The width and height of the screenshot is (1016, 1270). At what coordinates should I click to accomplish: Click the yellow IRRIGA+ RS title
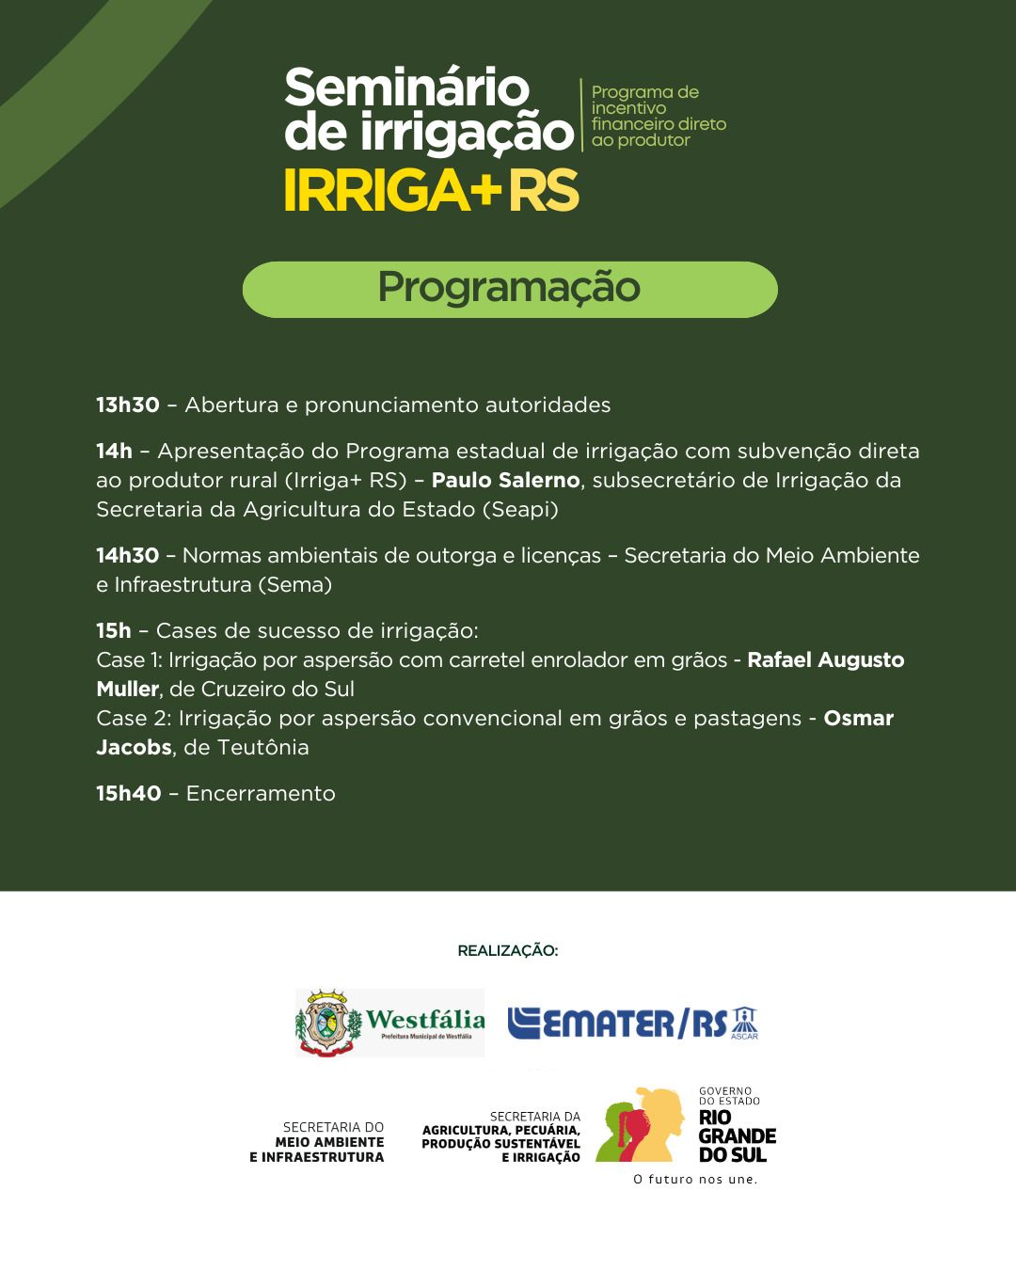[431, 191]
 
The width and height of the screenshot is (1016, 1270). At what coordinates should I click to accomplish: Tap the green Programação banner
[509, 289]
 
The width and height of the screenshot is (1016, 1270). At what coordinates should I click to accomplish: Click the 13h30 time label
[128, 405]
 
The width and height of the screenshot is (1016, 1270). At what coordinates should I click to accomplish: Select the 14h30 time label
[128, 556]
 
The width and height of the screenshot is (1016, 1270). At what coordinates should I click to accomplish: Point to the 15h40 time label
[129, 794]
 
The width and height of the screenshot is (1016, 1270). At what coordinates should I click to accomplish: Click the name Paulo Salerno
[505, 481]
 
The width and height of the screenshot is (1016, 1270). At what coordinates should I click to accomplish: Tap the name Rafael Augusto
[825, 660]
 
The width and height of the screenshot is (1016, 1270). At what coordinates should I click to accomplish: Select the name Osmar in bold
[858, 719]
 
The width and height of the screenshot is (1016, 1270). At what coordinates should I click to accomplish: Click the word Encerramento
[261, 794]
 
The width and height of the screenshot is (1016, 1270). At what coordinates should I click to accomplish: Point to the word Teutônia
[262, 748]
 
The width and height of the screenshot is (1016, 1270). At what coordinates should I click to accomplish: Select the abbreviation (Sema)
[294, 585]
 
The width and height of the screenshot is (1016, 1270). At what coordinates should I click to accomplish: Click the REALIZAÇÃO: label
[507, 951]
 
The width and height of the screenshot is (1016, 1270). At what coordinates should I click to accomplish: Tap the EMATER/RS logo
[632, 1023]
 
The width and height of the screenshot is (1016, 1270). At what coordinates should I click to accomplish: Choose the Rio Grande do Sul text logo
[737, 1136]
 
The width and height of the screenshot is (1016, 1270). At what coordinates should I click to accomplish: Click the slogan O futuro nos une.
[695, 1180]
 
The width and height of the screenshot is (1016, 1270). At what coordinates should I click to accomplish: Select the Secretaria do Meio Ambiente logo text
[317, 1142]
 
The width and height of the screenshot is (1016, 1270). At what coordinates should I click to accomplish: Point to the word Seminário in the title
[406, 88]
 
